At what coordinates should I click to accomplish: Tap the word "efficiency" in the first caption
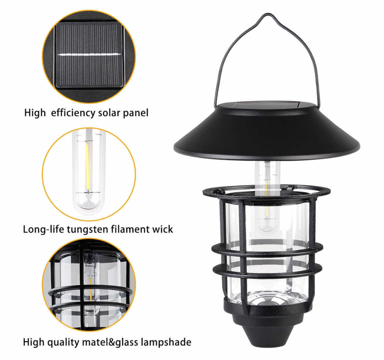coord(73,113)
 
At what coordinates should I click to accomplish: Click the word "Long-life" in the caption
coord(44,229)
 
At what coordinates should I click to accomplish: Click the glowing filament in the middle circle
coord(87,166)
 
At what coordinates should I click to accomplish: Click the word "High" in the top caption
coord(35,113)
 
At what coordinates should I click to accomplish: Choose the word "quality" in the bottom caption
coord(64,342)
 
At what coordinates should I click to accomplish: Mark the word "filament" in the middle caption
coord(127,229)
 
